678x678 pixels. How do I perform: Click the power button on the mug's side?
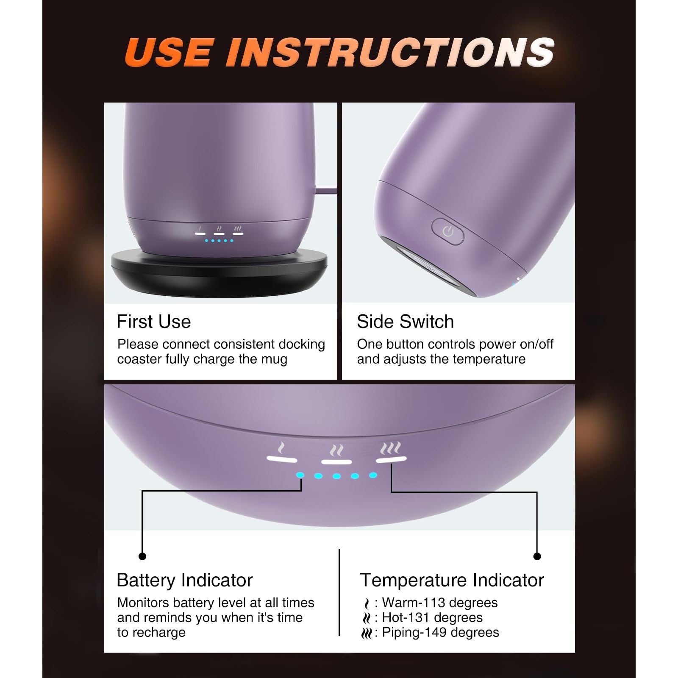pyautogui.click(x=448, y=231)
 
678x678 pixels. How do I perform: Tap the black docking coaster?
pyautogui.click(x=220, y=271)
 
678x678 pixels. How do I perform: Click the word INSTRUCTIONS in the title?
pyautogui.click(x=390, y=52)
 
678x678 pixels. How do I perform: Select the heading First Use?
pyautogui.click(x=154, y=322)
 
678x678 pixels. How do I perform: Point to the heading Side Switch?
pyautogui.click(x=405, y=322)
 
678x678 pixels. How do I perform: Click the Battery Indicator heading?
pyautogui.click(x=185, y=580)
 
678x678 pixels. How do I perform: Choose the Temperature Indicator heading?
pyautogui.click(x=452, y=580)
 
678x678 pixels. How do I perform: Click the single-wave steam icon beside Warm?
pyautogui.click(x=367, y=603)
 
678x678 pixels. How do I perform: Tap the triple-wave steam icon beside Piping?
pyautogui.click(x=367, y=634)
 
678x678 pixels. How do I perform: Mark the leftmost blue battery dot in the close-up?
pyautogui.click(x=300, y=475)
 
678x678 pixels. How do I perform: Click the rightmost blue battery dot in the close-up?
pyautogui.click(x=373, y=475)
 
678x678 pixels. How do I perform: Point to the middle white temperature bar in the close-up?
pyautogui.click(x=336, y=461)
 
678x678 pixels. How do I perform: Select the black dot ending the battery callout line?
pyautogui.click(x=142, y=556)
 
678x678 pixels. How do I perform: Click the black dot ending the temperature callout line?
pyautogui.click(x=537, y=556)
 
